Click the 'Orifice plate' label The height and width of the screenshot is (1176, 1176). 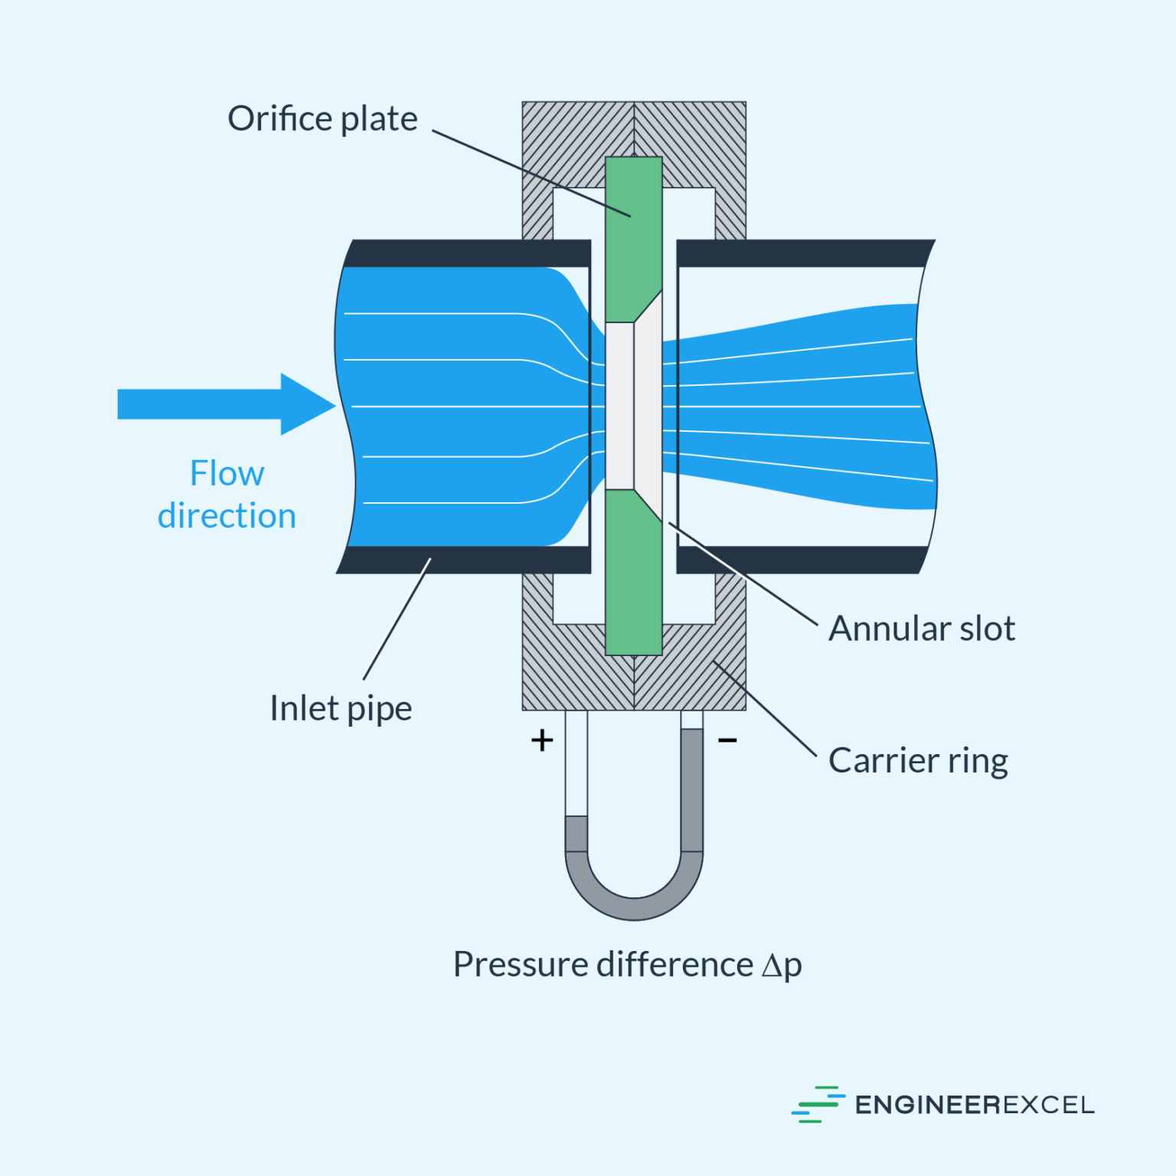pyautogui.click(x=322, y=119)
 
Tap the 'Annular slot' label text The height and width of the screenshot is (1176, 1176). pyautogui.click(x=921, y=629)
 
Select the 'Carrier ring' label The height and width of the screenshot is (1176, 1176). pyautogui.click(x=918, y=761)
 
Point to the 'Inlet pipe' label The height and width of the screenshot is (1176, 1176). pyautogui.click(x=341, y=708)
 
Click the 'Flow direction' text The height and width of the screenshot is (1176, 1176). pyautogui.click(x=227, y=495)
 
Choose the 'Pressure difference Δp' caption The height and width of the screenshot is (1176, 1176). pyautogui.click(x=627, y=965)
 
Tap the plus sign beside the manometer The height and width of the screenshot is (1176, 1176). pyautogui.click(x=542, y=740)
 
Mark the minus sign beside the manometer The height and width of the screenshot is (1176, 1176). pyautogui.click(x=727, y=740)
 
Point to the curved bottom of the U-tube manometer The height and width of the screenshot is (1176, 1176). pyautogui.click(x=634, y=906)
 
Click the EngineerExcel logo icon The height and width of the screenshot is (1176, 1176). pyautogui.click(x=818, y=1105)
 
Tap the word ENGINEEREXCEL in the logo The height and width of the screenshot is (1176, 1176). pyautogui.click(x=974, y=1105)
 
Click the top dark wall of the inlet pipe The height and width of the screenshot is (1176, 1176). pyautogui.click(x=467, y=253)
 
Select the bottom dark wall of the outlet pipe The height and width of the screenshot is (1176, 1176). pyautogui.click(x=800, y=560)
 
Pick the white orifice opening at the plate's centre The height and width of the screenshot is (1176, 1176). pyautogui.click(x=620, y=406)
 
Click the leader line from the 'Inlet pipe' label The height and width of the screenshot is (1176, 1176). pyautogui.click(x=397, y=619)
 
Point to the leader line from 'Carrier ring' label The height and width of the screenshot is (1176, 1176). pyautogui.click(x=766, y=709)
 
